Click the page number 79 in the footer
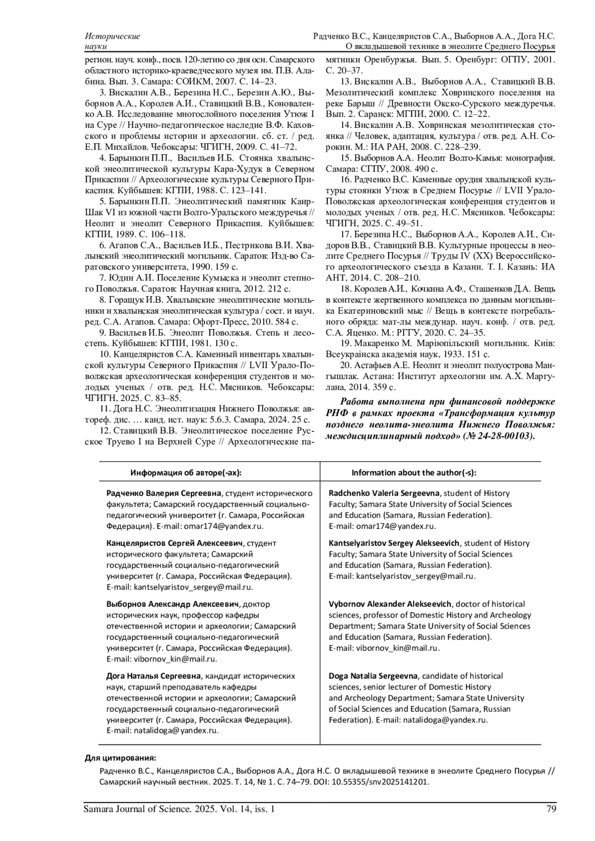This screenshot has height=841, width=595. [x=551, y=810]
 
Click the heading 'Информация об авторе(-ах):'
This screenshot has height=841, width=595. [x=186, y=472]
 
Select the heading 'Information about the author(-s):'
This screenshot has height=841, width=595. [x=414, y=472]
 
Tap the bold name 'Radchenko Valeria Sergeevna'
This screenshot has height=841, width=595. [x=385, y=493]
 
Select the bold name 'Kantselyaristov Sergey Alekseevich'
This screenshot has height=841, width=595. [x=394, y=543]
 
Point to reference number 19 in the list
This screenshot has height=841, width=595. [x=346, y=343]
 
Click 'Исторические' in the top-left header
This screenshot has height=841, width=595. [x=113, y=36]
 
